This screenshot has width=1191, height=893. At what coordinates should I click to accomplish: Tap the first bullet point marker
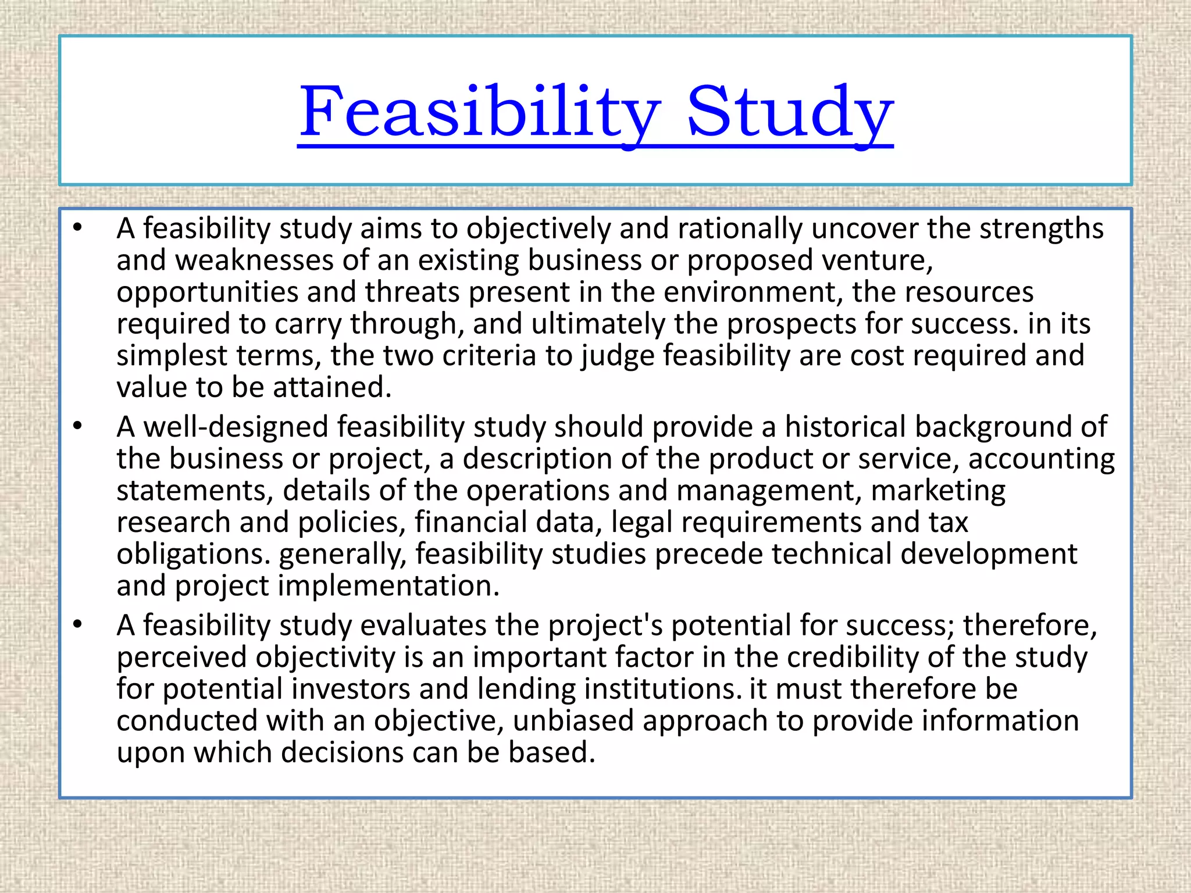click(78, 227)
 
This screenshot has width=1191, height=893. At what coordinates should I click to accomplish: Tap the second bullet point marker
click(78, 426)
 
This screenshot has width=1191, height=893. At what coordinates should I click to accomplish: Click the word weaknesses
click(254, 260)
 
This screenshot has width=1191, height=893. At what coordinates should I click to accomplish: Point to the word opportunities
click(207, 292)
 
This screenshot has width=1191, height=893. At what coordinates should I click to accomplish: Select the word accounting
click(1041, 459)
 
